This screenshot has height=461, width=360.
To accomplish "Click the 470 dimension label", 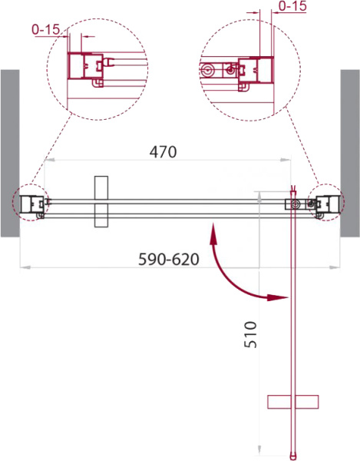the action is (163, 152).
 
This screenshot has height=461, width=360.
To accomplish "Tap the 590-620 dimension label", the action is (169, 260).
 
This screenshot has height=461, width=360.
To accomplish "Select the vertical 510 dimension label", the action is (250, 334).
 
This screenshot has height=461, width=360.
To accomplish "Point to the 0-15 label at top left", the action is (46, 29).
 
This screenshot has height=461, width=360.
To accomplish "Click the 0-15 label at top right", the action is (292, 6).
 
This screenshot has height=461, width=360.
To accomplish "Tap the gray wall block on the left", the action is (10, 153).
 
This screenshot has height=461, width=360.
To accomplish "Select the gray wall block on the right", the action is (350, 153).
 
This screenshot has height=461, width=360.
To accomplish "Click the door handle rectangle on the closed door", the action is (101, 201).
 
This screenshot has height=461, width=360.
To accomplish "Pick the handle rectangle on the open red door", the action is (293, 402).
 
